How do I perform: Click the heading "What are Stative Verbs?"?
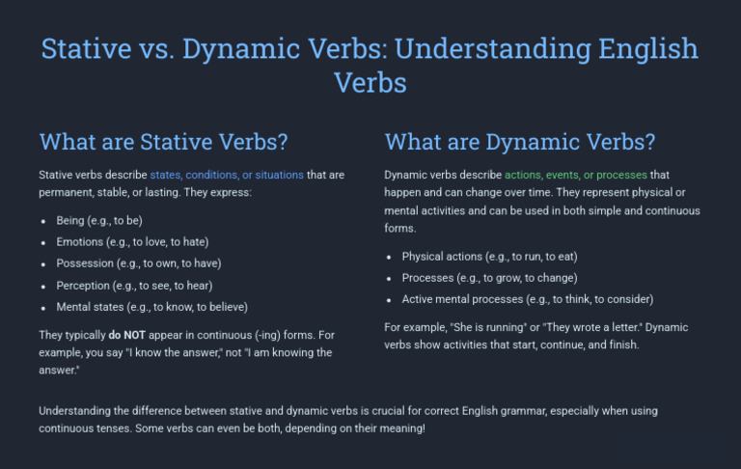(x=163, y=142)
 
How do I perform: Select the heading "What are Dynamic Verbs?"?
(x=520, y=142)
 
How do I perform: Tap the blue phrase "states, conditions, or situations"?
(x=227, y=176)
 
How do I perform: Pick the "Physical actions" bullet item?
(x=489, y=257)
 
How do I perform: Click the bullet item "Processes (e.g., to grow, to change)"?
(x=489, y=278)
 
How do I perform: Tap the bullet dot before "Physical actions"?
(x=390, y=258)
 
